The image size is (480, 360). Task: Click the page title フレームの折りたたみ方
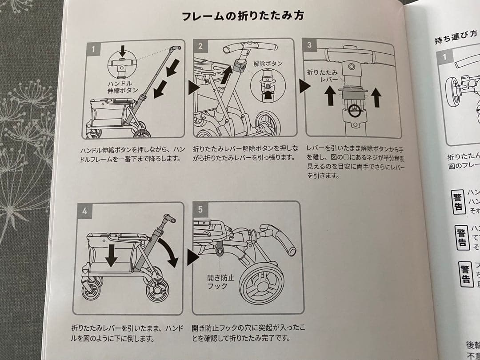(243, 17)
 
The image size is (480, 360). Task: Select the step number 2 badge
(200, 46)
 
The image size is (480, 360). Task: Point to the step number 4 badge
(84, 211)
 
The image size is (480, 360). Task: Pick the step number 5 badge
(200, 209)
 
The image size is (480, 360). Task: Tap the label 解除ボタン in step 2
(268, 64)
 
